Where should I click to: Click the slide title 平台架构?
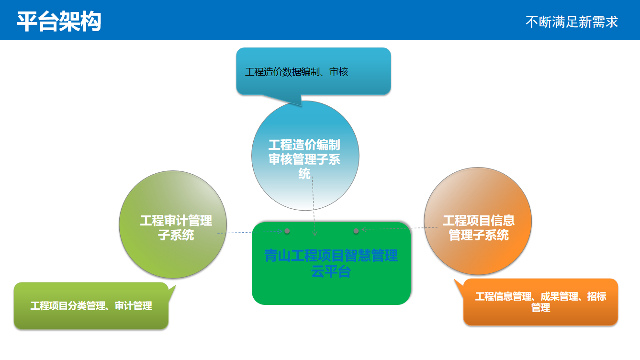[x=59, y=22]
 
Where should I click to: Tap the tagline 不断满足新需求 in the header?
[x=572, y=22]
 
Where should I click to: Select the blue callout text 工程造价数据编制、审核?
[x=297, y=72]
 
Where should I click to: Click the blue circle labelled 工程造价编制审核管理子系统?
[x=305, y=156]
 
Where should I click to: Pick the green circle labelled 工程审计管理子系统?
[x=173, y=225]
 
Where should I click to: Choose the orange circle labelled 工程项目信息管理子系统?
[x=478, y=221]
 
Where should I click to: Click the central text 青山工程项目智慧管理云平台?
[x=331, y=263]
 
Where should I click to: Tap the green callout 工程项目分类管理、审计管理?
[x=91, y=306]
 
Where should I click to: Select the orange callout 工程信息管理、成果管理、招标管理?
[x=540, y=302]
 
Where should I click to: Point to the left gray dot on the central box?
[x=287, y=231]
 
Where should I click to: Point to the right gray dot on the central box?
[x=356, y=231]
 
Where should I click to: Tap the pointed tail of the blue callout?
[x=302, y=106]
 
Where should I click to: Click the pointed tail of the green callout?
[x=175, y=286]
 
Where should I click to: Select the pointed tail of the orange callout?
[x=455, y=280]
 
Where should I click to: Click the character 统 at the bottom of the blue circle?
[x=304, y=173]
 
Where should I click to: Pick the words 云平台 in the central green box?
[x=331, y=271]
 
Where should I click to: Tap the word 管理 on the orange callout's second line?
[x=540, y=307]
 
